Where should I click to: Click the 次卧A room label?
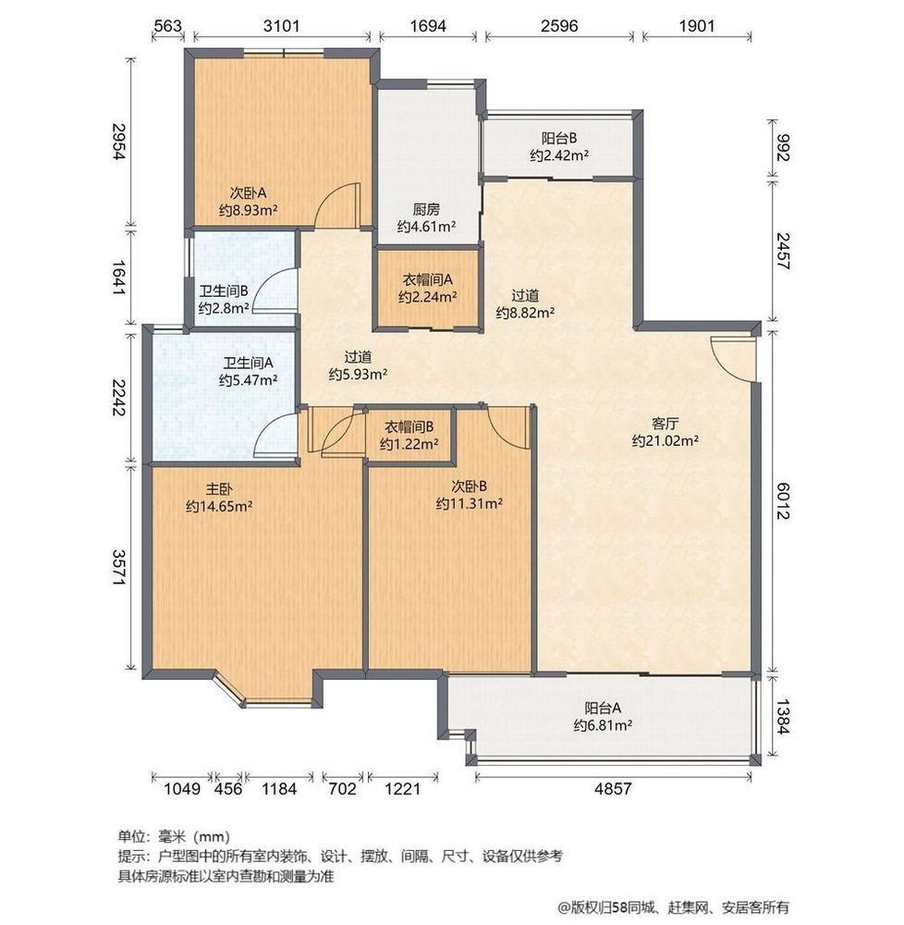tap(248, 193)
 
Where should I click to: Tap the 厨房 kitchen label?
tap(426, 209)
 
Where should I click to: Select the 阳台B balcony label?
tap(559, 139)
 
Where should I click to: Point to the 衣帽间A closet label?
tap(427, 279)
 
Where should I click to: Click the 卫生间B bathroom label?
tap(224, 290)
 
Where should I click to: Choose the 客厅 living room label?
tap(666, 424)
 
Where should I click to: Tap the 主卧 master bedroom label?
tap(219, 489)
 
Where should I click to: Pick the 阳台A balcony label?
tap(603, 708)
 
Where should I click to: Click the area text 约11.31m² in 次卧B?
tap(469, 504)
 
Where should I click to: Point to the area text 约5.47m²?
tap(248, 380)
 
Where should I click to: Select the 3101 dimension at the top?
tap(282, 26)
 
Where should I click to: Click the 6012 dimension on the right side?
tap(782, 500)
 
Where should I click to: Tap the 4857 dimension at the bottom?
tap(613, 788)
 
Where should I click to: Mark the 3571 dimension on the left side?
tap(119, 568)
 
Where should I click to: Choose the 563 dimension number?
tap(167, 26)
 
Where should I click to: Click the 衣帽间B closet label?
tap(409, 426)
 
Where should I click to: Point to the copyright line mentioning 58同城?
tap(673, 906)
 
